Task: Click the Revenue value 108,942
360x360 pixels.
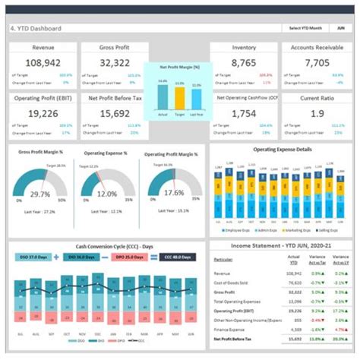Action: coord(43,64)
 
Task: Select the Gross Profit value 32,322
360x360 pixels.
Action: coord(115,64)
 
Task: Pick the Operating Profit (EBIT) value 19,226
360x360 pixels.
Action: coord(43,113)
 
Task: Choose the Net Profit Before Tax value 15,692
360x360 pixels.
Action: coord(115,113)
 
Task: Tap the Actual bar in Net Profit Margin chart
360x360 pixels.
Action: coord(162,96)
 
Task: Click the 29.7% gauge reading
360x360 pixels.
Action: coord(40,194)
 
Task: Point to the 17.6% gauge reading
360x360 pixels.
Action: coord(175,193)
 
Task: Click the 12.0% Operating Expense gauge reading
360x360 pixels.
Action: coord(107,194)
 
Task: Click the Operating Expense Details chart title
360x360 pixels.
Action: coord(282,150)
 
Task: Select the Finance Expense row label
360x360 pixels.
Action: coord(232,330)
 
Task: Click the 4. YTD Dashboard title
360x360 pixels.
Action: coord(36,28)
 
